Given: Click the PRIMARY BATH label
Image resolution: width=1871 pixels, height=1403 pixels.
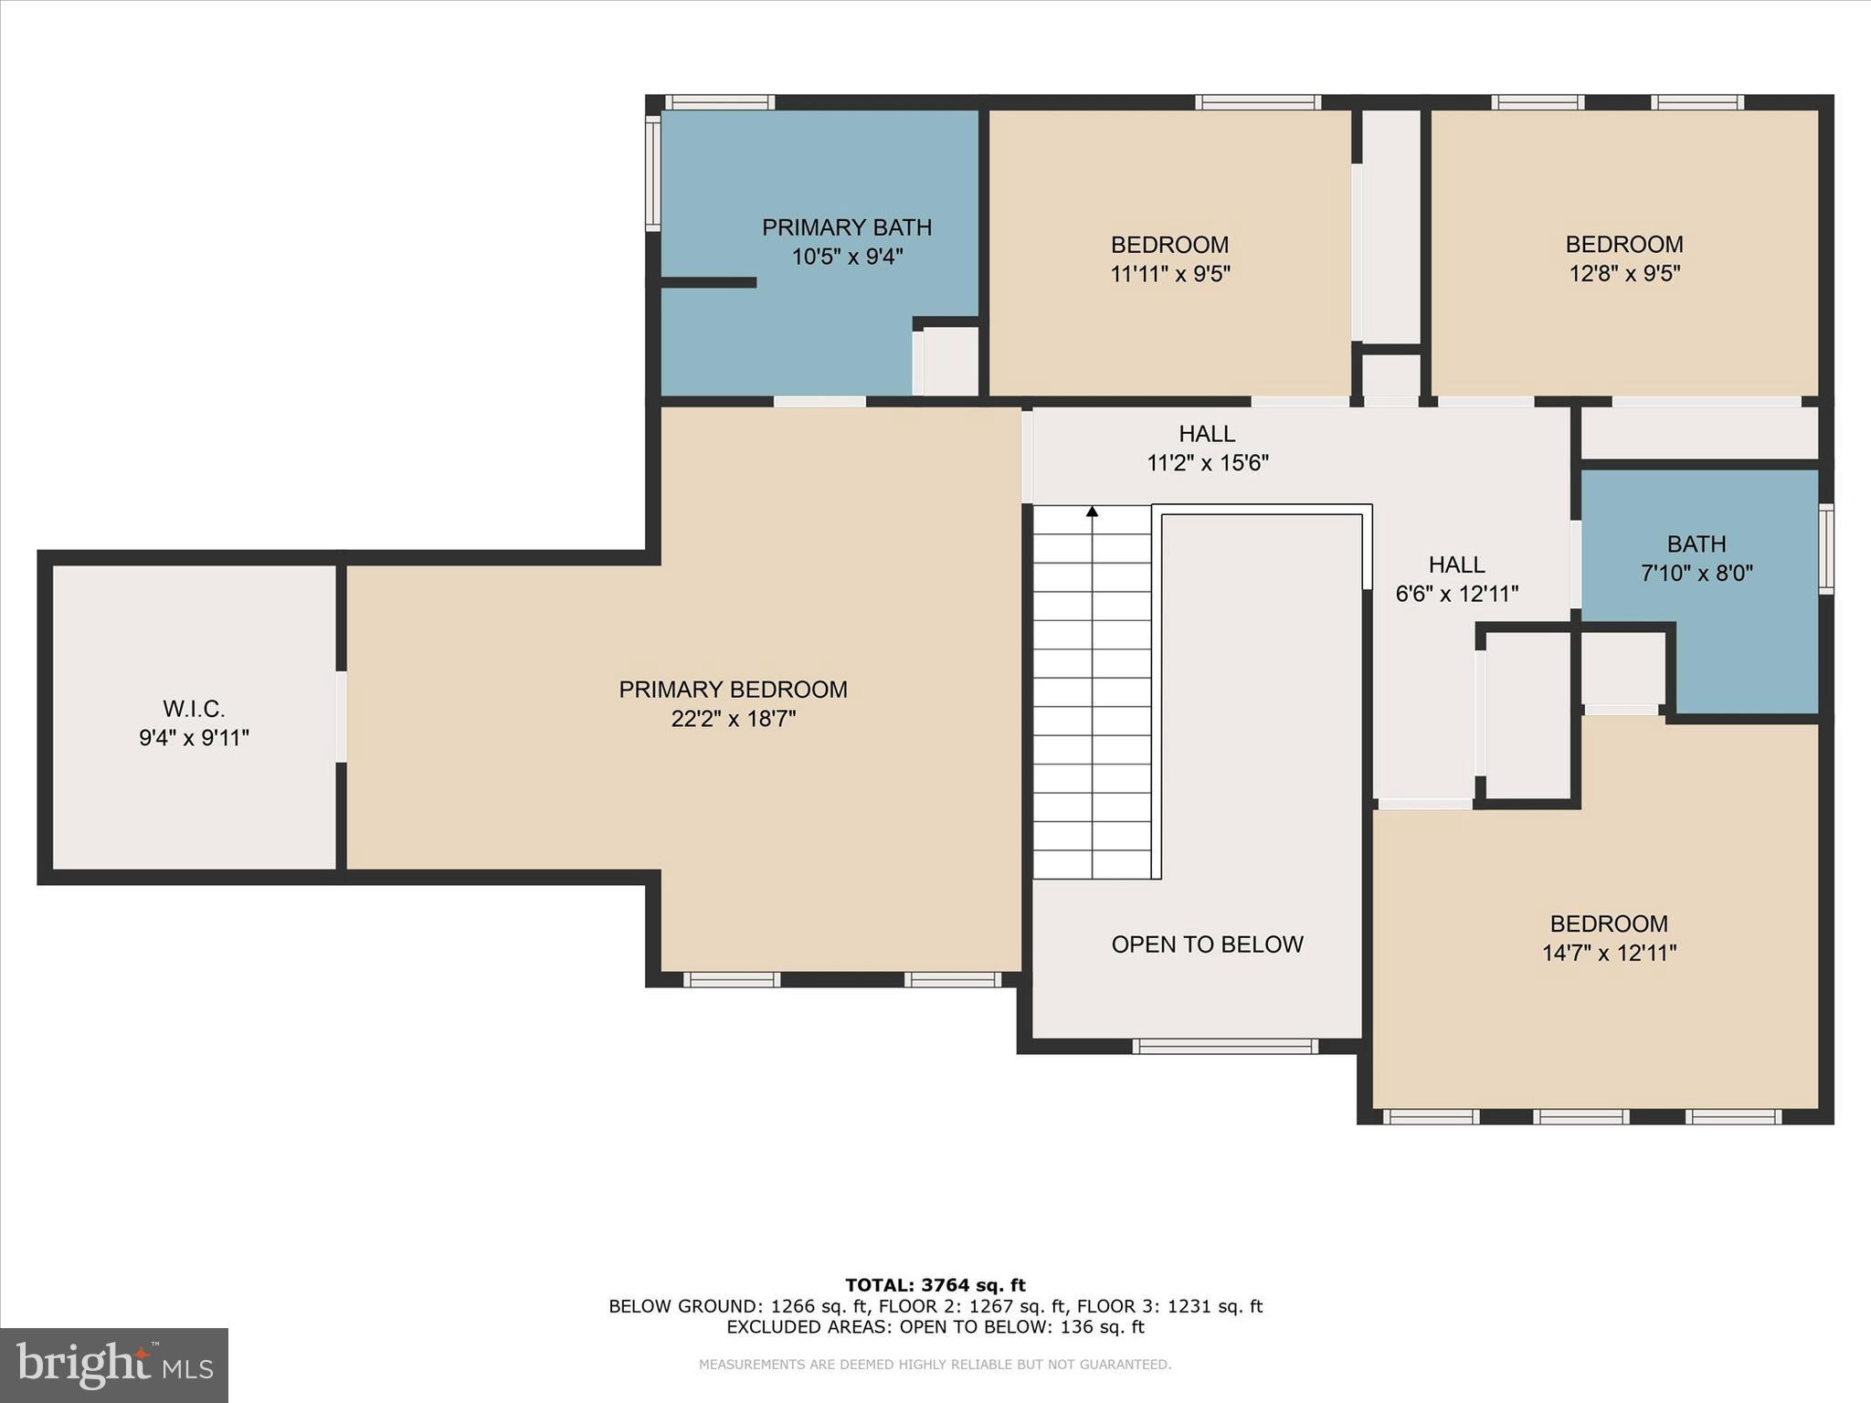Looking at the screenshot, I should (x=847, y=227).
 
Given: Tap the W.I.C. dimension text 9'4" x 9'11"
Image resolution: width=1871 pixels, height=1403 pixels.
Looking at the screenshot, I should (x=194, y=738).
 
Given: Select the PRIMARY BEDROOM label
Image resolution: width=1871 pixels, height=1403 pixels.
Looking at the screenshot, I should (x=733, y=690).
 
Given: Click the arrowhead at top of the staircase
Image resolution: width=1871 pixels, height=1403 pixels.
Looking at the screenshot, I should (x=1092, y=512).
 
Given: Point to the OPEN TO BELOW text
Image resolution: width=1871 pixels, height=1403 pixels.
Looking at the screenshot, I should (x=1207, y=944).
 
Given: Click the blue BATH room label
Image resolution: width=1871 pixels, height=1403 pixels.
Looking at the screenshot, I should (x=1697, y=544).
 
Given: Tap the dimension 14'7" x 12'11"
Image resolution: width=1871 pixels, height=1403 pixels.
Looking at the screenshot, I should (x=1609, y=954).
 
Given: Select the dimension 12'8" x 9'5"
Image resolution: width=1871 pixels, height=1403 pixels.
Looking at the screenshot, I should (x=1624, y=273).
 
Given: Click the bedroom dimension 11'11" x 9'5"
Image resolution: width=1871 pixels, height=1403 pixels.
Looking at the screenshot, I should (x=1169, y=274).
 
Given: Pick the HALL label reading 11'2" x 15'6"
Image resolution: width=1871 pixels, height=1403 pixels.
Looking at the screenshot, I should (x=1207, y=434).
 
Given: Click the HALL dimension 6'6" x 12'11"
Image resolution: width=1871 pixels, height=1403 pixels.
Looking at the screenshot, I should (x=1456, y=594).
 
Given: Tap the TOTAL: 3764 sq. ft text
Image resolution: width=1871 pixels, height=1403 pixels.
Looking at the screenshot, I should (x=935, y=1285).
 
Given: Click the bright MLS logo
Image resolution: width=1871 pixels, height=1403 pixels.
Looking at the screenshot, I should (x=114, y=1366).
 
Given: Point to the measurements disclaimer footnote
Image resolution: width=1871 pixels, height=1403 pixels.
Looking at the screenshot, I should (x=935, y=1365).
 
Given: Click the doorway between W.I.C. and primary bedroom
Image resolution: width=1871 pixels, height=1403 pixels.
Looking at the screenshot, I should (x=341, y=717).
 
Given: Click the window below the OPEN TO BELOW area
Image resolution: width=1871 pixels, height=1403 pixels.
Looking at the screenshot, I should (x=1224, y=1047).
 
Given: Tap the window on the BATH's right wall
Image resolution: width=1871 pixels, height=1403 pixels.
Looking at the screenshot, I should (x=1825, y=549).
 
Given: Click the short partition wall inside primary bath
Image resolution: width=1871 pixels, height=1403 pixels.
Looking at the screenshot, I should (x=708, y=282).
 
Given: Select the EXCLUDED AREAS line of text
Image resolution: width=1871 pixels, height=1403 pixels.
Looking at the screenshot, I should (x=935, y=1327).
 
